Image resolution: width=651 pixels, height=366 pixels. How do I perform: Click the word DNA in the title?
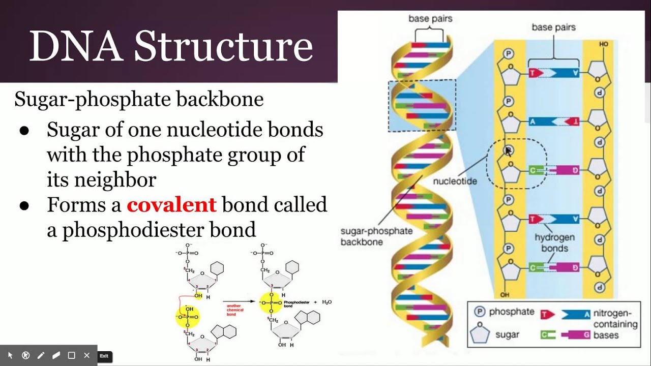[75, 46]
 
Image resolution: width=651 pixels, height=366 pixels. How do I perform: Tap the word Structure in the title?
[223, 46]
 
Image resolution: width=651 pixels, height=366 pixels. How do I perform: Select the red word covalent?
[171, 205]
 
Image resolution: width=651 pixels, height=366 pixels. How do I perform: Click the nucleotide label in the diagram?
[455, 181]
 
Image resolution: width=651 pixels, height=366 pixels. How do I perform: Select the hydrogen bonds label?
[554, 243]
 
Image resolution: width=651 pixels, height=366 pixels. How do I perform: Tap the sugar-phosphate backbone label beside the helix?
[376, 236]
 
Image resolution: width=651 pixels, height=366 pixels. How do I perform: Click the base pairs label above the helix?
[430, 19]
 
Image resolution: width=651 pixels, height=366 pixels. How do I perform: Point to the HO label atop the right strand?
[604, 45]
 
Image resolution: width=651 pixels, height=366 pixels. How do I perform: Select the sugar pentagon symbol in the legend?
[480, 333]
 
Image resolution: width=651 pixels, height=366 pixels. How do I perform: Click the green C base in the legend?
[546, 335]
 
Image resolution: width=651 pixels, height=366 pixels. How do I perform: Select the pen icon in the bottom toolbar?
[41, 355]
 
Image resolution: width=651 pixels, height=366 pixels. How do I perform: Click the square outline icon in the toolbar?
[72, 355]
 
